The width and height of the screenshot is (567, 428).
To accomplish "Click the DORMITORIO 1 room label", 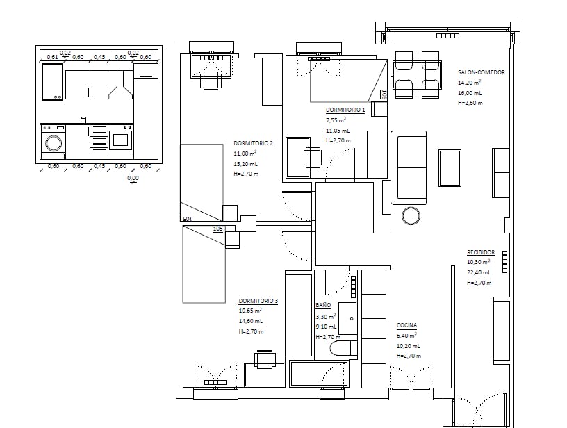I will pyautogui.click(x=345, y=110).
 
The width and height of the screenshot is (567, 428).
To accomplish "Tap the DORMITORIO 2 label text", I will pyautogui.click(x=253, y=144).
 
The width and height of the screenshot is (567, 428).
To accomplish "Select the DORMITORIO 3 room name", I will pyautogui.click(x=258, y=301).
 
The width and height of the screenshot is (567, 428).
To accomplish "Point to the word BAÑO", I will pyautogui.click(x=322, y=305).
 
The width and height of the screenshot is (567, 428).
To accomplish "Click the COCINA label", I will pyautogui.click(x=406, y=325).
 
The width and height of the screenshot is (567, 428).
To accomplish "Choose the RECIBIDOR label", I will pyautogui.click(x=480, y=252).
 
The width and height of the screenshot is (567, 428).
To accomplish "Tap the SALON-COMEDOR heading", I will pyautogui.click(x=481, y=72).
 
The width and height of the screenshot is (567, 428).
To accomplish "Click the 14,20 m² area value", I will pyautogui.click(x=470, y=83).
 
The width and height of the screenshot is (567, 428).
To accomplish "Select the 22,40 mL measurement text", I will pyautogui.click(x=479, y=272).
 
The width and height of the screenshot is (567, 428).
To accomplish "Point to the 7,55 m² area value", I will pyautogui.click(x=336, y=120).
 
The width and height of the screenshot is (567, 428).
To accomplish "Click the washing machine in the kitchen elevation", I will pyautogui.click(x=54, y=143).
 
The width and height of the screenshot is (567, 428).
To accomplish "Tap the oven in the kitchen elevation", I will pyautogui.click(x=120, y=140).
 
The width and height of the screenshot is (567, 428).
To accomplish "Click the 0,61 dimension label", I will pyautogui.click(x=51, y=57).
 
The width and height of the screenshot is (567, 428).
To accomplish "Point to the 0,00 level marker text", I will pyautogui.click(x=133, y=179).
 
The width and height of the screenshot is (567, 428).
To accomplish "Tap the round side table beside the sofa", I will pyautogui.click(x=411, y=215).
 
